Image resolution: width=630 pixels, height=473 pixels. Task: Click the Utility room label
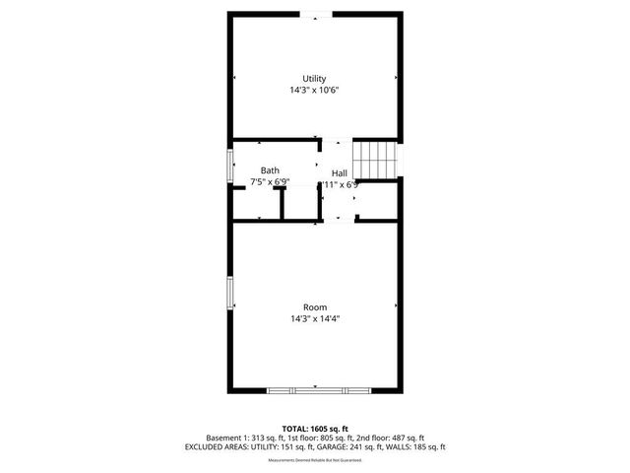click(x=314, y=79)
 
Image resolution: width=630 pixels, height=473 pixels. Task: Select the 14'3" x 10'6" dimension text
click(x=314, y=90)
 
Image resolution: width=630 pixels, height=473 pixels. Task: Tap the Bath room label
click(x=270, y=171)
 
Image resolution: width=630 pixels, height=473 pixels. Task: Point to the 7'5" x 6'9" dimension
click(x=270, y=182)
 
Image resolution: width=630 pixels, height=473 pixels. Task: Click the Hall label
click(x=339, y=172)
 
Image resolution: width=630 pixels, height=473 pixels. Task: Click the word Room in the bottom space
click(x=315, y=307)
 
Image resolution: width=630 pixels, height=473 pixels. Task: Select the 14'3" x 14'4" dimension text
click(x=315, y=318)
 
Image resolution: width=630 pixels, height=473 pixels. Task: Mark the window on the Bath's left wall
click(x=231, y=167)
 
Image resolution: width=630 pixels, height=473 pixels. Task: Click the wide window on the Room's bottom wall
click(x=315, y=390)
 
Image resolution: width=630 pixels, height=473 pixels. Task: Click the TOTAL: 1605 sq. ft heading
click(x=315, y=428)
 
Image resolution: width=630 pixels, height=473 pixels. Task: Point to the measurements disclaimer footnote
click(x=315, y=459)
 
